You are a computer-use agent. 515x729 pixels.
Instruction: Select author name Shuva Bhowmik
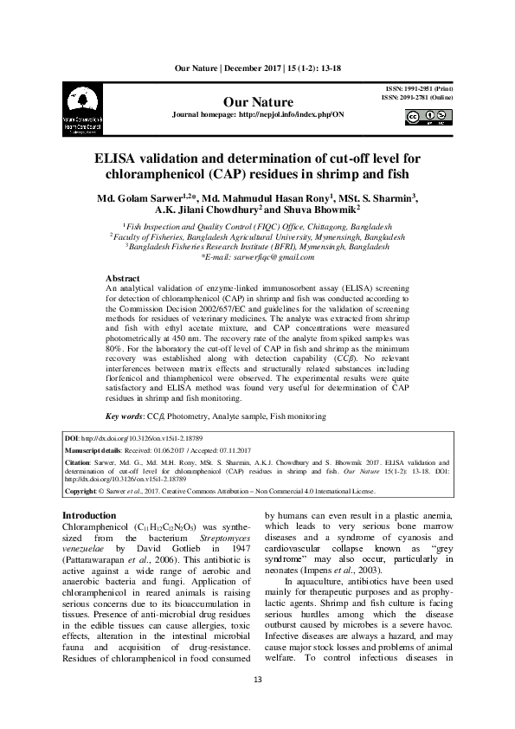pyautogui.click(x=319, y=209)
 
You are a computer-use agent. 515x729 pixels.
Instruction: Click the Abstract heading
pyautogui.click(x=121, y=277)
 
